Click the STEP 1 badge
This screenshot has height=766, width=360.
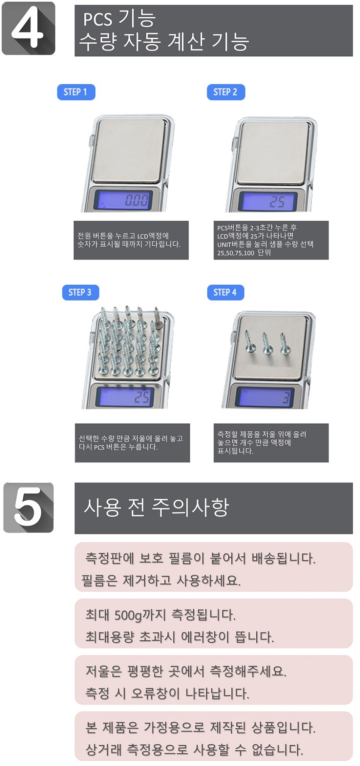point(76,92)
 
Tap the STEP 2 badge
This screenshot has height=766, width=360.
point(226,92)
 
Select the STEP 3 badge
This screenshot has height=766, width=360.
point(80,292)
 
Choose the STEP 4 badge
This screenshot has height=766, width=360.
point(225,292)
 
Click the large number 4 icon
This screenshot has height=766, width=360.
point(28,28)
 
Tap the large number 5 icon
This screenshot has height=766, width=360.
point(28,507)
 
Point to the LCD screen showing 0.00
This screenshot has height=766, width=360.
point(123,199)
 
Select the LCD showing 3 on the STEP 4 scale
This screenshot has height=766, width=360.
point(266,397)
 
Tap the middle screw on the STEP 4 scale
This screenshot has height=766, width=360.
point(267,343)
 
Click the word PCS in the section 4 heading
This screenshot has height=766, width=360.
point(97,19)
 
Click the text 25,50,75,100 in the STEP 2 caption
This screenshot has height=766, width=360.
point(236,253)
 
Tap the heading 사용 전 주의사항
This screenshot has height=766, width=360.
point(156,507)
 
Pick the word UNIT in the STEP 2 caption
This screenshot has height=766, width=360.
point(224,244)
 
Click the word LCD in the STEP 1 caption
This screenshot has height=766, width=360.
point(143,236)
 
